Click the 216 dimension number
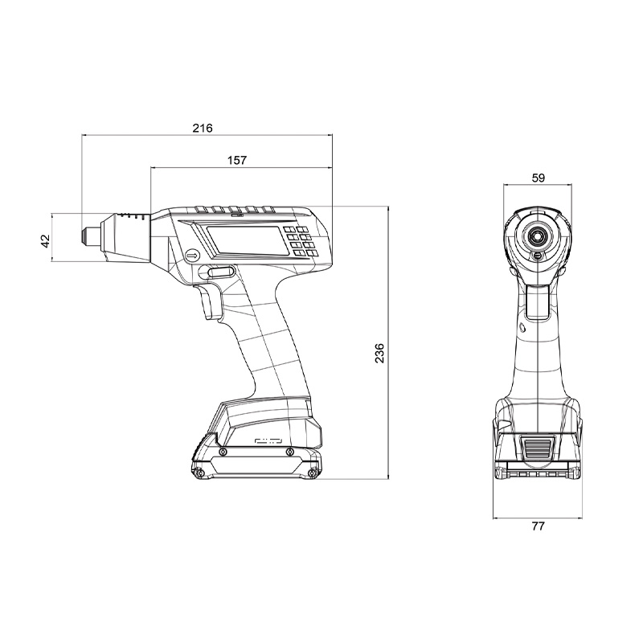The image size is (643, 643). [x=203, y=129]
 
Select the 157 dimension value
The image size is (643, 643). [x=236, y=160]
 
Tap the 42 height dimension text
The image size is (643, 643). [x=46, y=239]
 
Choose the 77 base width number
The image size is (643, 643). [x=538, y=527]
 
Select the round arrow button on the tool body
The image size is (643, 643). [x=192, y=256]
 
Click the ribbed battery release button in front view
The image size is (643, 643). [x=536, y=448]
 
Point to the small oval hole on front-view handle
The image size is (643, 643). [x=522, y=328]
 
